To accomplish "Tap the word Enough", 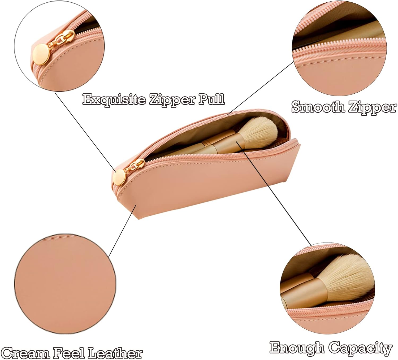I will pos(297,348).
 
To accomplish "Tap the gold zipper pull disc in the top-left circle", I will pos(40,55).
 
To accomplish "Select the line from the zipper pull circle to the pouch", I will pos(85,131).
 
